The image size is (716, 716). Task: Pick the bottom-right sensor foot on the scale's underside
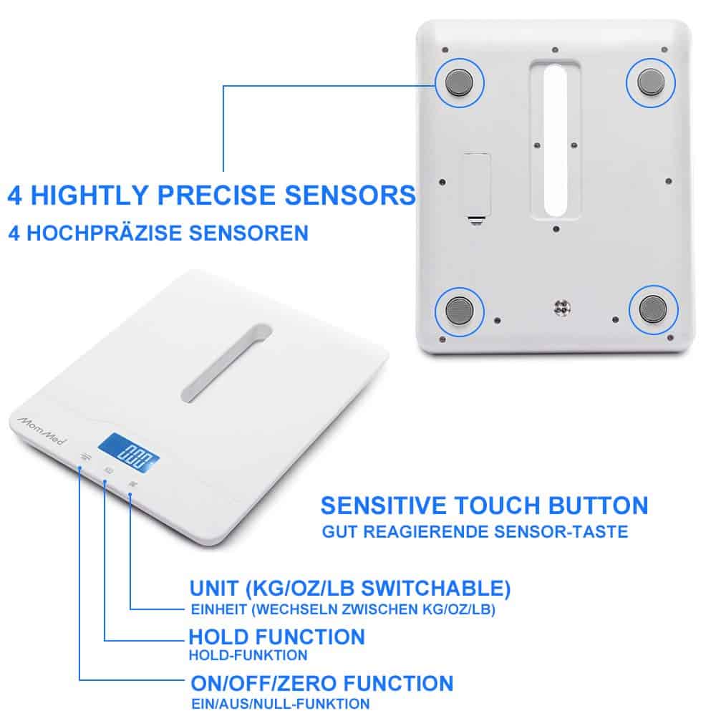[x=652, y=310]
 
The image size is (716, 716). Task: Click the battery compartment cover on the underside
[x=477, y=185]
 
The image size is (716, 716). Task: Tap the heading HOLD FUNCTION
[x=276, y=637]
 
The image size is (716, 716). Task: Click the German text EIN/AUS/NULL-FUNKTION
[x=280, y=703]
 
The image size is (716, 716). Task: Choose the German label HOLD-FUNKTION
[x=248, y=655]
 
